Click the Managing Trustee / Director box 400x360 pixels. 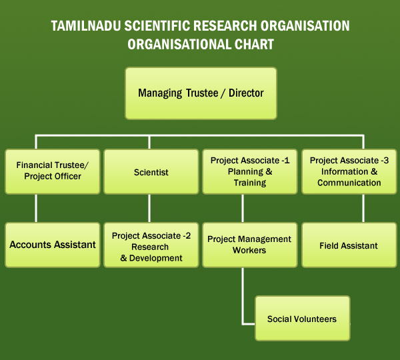click(201, 93)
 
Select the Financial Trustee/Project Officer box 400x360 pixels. click(53, 171)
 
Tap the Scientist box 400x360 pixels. click(151, 171)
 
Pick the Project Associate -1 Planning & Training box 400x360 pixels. click(250, 171)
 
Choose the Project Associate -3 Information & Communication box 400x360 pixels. click(349, 171)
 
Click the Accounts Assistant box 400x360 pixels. click(53, 245)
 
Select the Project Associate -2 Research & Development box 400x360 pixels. click(151, 245)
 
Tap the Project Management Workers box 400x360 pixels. click(250, 245)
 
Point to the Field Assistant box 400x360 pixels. click(349, 245)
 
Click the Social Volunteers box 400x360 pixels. click(303, 318)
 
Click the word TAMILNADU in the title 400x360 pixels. click(86, 26)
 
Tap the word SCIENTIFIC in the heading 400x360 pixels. click(157, 26)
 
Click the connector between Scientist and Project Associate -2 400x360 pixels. click(149, 208)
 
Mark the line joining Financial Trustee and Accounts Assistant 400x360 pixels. click(36, 208)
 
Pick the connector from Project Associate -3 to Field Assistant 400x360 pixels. click(363, 208)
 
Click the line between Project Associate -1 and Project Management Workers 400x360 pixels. click(243, 208)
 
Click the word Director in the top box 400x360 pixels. click(246, 93)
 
